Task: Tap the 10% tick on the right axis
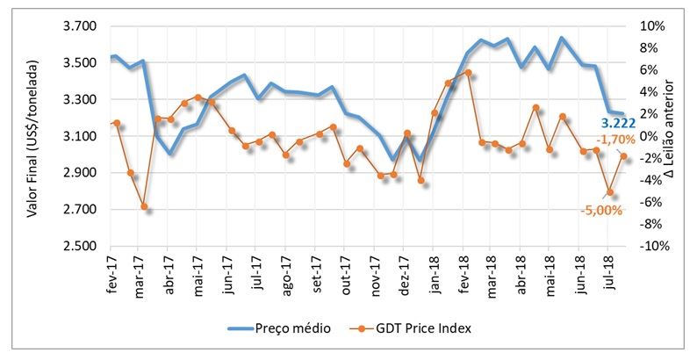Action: (648, 26)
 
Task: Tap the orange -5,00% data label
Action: (601, 210)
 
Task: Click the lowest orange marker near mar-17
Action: (144, 206)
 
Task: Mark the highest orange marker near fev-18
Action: (468, 72)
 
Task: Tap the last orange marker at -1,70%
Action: (623, 155)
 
